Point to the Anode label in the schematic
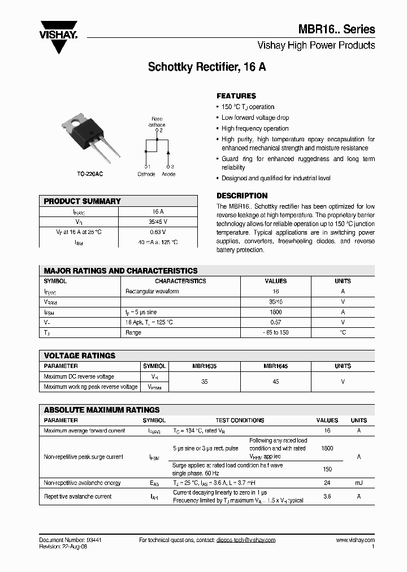pyautogui.click(x=168, y=174)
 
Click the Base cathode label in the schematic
pyautogui.click(x=157, y=122)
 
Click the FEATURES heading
pyautogui.click(x=236, y=96)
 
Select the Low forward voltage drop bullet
pyautogui.click(x=255, y=118)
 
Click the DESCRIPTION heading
pyautogui.click(x=242, y=196)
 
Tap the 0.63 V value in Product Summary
pyautogui.click(x=158, y=232)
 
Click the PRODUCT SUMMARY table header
pyautogui.click(x=83, y=201)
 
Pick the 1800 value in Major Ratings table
pyautogui.click(x=276, y=312)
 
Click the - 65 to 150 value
pyautogui.click(x=276, y=332)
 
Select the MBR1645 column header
pyautogui.click(x=276, y=366)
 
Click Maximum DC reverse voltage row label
pyautogui.click(x=79, y=376)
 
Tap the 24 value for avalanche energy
pyautogui.click(x=327, y=483)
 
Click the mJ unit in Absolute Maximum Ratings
pyautogui.click(x=358, y=483)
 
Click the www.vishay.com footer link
pyautogui.click(x=355, y=540)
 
